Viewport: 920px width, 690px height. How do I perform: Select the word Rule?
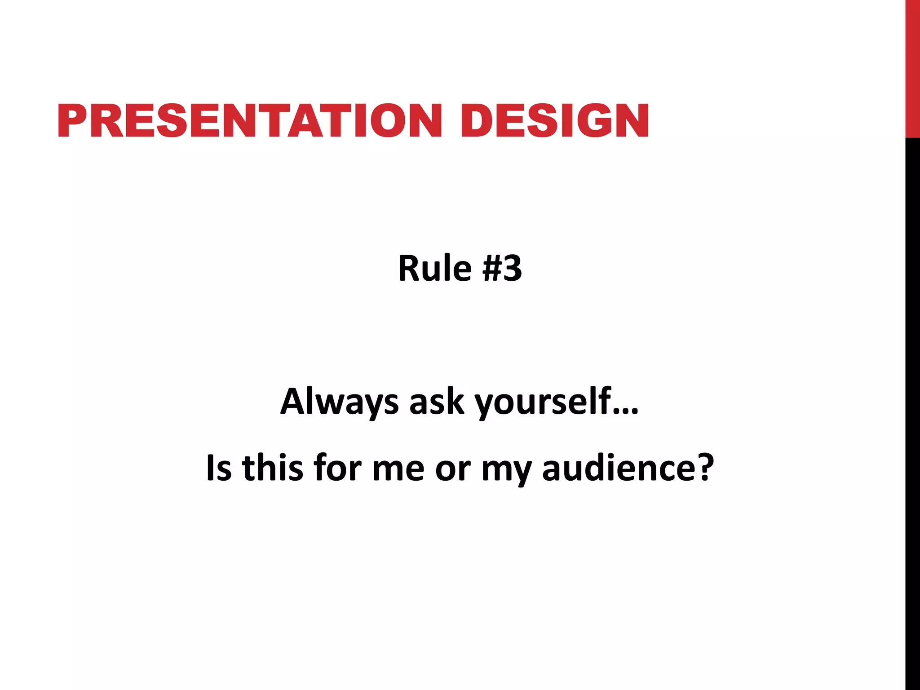[434, 268]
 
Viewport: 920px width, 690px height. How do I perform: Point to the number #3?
[502, 268]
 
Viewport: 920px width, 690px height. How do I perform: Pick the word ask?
[436, 401]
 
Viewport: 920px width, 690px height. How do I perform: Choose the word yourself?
[543, 401]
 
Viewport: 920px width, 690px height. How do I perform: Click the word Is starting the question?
[219, 468]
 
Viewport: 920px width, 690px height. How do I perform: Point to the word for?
[337, 468]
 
